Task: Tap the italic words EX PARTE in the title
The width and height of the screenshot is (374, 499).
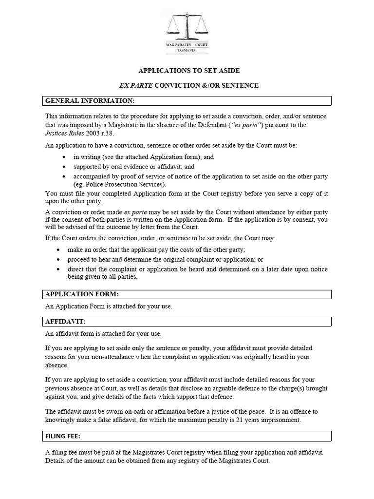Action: click(x=136, y=85)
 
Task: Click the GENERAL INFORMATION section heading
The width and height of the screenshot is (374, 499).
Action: click(x=90, y=101)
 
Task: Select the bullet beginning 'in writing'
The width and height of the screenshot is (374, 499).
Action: click(x=143, y=157)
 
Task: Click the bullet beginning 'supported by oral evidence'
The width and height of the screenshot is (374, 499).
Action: click(x=134, y=166)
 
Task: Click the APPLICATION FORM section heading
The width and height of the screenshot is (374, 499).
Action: click(x=82, y=294)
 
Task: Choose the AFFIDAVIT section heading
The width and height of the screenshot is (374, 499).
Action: click(x=65, y=322)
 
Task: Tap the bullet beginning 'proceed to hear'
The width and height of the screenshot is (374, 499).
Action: click(x=166, y=259)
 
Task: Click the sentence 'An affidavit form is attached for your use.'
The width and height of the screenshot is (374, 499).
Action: click(x=103, y=334)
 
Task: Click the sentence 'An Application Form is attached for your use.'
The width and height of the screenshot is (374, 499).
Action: click(x=109, y=307)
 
